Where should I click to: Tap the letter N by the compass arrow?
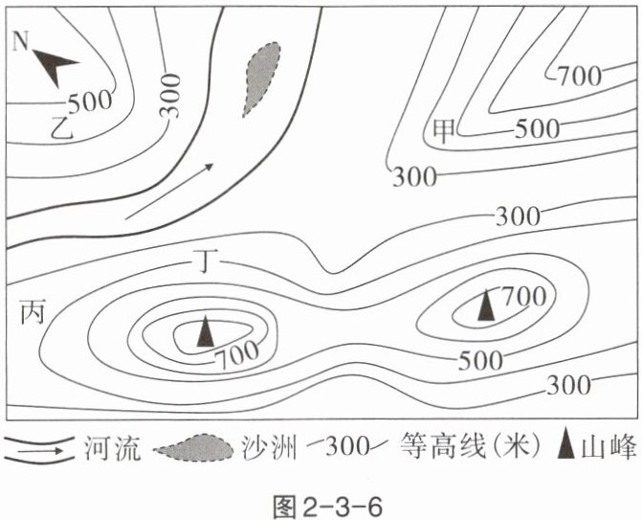click(19, 40)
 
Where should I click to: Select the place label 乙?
click(63, 124)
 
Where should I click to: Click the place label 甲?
click(444, 129)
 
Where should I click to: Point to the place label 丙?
click(32, 311)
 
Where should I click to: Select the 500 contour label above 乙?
click(90, 101)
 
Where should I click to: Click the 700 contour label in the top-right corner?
click(581, 75)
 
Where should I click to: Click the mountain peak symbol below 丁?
click(204, 331)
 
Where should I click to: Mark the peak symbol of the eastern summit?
click(487, 305)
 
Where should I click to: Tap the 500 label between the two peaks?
click(481, 360)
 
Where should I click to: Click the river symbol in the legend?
click(40, 448)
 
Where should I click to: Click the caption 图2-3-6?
click(321, 501)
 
